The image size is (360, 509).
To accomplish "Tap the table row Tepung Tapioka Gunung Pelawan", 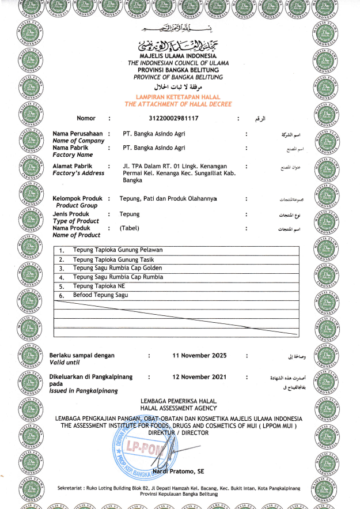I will click(118, 250).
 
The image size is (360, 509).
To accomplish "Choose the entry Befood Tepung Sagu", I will click(100, 295).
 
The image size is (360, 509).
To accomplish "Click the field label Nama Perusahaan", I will click(77, 134).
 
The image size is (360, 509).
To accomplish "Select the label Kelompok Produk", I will click(77, 198).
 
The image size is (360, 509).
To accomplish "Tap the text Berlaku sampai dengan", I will click(82, 356).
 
